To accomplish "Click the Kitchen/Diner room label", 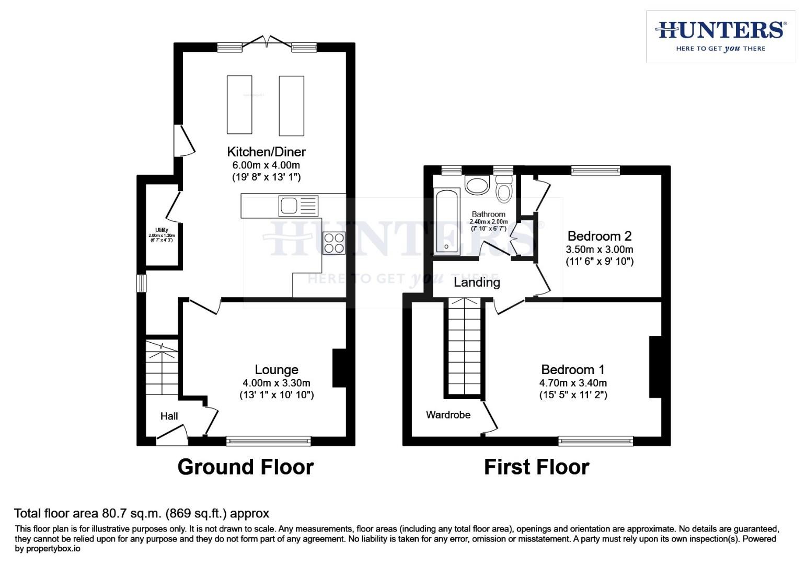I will point(266,152).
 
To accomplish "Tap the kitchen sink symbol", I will point(298,206).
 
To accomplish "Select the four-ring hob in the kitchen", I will point(334,243).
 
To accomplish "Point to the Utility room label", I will point(162,230).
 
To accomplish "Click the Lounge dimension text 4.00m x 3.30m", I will point(276,382).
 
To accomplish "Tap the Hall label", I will point(169,416).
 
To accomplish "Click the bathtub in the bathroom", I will point(446,222).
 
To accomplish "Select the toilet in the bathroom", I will point(504,189).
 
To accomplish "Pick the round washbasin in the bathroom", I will point(476,185).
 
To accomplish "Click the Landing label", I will point(477,282).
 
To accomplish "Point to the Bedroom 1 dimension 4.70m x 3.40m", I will point(573,383).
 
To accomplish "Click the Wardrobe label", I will point(448,415).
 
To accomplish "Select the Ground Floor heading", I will point(245,467).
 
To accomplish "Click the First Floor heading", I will point(536,467).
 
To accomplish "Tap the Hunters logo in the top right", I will point(720,36).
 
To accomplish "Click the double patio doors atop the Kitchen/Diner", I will point(267,43).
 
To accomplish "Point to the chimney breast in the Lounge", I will point(339,368).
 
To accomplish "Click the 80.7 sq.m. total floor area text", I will point(141,513).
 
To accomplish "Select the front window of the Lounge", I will point(268,442).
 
